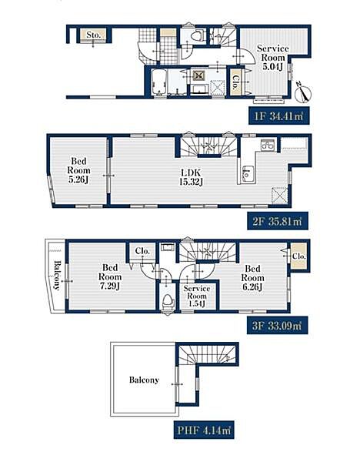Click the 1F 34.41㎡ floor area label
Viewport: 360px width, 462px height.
point(278,116)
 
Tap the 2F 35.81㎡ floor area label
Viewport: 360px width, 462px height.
point(278,221)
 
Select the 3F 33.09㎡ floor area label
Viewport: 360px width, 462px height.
point(277,326)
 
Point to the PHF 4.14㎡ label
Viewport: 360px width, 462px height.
point(204,430)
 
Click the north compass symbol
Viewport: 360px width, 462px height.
point(303,92)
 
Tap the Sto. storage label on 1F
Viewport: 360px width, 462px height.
point(94,35)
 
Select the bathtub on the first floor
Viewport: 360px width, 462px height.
point(158,82)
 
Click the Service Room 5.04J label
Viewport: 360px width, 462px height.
point(273,58)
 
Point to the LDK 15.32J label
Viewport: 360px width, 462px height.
point(191,177)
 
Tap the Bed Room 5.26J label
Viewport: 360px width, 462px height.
point(78,170)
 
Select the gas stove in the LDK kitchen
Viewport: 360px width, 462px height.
point(268,145)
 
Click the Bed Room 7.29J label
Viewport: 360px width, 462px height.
point(110,276)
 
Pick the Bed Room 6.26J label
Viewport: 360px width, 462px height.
point(252,277)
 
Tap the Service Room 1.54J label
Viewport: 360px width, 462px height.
point(197,296)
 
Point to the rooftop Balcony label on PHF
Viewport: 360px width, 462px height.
point(144,380)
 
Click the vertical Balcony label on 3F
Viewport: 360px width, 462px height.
point(57,276)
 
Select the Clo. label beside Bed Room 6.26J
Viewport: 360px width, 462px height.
point(298,256)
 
